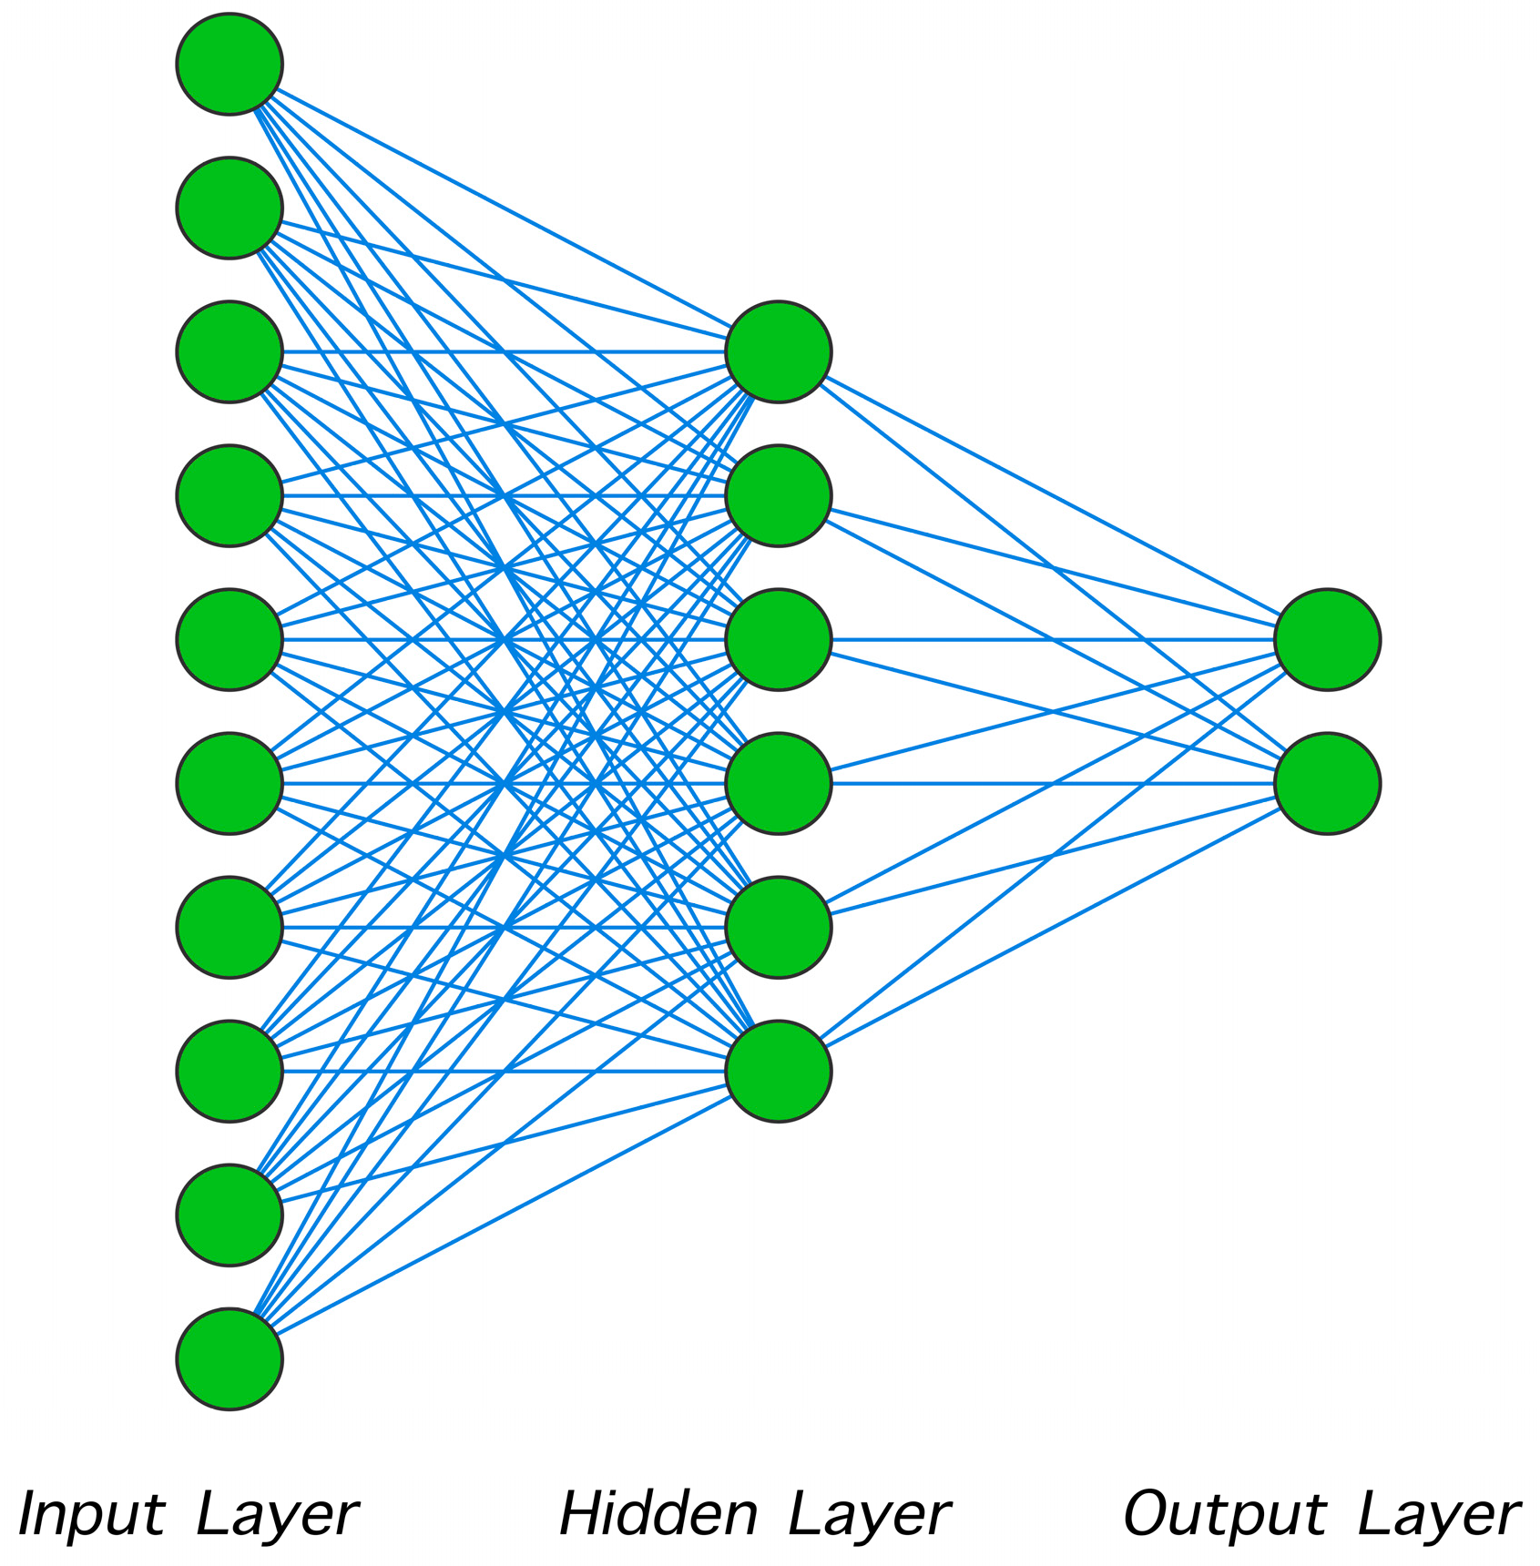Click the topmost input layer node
[229, 64]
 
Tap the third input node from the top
[229, 351]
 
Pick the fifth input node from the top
[229, 639]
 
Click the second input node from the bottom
[229, 1215]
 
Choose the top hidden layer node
[779, 351]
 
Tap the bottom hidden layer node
[779, 1071]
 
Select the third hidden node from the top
[779, 639]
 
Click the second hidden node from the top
[779, 495]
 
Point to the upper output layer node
[1327, 639]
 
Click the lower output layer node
[1327, 783]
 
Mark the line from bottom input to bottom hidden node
[503, 1215]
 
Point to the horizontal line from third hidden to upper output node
[1047, 639]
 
